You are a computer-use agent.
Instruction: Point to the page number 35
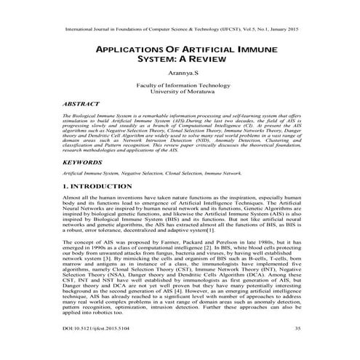pos(297,328)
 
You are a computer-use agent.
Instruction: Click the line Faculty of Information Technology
pos(179,84)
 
